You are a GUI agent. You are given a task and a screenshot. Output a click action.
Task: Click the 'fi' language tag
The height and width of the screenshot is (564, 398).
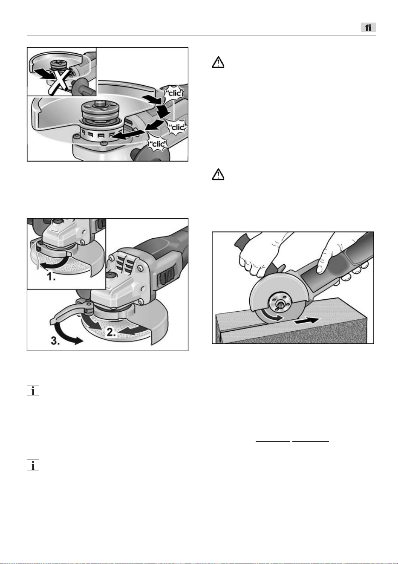coord(368,27)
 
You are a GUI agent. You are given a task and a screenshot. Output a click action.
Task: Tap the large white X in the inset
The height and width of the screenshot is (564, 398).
coord(60,82)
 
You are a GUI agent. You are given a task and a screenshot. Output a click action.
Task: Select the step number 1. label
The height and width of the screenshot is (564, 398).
coord(51,277)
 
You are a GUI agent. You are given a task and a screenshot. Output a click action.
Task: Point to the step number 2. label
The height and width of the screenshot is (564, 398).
coord(111,333)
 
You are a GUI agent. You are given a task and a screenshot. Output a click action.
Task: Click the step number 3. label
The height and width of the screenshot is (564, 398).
coord(55,341)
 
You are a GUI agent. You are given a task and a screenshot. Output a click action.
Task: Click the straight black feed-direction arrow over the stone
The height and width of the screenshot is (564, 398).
coord(307,321)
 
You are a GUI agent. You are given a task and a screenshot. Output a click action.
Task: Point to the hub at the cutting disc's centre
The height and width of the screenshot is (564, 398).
coord(278,302)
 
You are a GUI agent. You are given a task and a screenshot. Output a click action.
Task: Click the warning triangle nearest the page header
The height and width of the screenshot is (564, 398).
coord(218,62)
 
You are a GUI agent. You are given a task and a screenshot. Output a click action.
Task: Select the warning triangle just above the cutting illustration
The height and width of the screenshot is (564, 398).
coord(218,174)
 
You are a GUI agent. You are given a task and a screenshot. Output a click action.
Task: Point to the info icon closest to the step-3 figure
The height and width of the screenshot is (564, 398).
coord(33,390)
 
